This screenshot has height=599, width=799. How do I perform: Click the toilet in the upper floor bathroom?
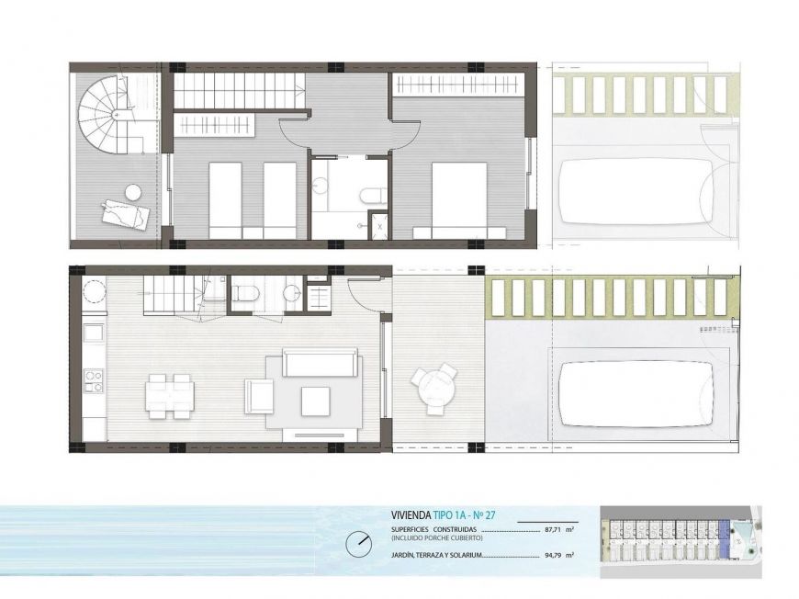372,196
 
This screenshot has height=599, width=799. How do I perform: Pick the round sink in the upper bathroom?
320,184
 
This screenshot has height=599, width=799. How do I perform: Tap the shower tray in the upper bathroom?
378,224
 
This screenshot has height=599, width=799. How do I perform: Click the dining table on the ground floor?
169,396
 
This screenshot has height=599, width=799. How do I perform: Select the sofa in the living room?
320,363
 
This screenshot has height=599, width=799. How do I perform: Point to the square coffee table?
315,401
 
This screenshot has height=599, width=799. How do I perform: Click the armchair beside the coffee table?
258,396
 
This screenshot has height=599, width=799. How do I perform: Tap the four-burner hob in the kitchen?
94,381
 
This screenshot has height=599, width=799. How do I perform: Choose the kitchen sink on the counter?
94,333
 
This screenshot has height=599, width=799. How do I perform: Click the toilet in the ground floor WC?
245,293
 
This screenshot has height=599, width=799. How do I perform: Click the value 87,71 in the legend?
553,530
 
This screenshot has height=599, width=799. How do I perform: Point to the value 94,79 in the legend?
553,555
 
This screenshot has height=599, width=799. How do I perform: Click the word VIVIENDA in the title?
411,514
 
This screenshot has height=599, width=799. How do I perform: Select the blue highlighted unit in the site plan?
724,538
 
